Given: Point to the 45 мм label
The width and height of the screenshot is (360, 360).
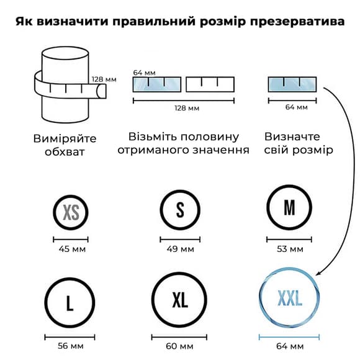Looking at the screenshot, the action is [x=72, y=249].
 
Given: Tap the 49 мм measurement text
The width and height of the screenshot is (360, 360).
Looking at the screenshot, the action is [x=181, y=249].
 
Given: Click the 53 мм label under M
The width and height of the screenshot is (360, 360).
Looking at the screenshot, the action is [x=290, y=249].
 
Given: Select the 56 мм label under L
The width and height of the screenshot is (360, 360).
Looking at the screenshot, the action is [x=71, y=346].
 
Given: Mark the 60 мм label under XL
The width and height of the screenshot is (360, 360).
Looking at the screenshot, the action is [x=179, y=346].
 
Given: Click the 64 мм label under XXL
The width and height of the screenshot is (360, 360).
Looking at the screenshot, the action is [x=290, y=346].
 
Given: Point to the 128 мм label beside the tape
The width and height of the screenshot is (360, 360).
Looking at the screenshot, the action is [x=104, y=79].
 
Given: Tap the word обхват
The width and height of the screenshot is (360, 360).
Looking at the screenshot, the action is [x=65, y=152].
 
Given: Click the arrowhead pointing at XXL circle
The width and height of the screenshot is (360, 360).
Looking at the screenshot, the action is [x=318, y=272].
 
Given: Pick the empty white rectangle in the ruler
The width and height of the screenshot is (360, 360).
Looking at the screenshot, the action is [x=210, y=84].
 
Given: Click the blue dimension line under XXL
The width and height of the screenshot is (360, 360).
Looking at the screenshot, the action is [x=289, y=337].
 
